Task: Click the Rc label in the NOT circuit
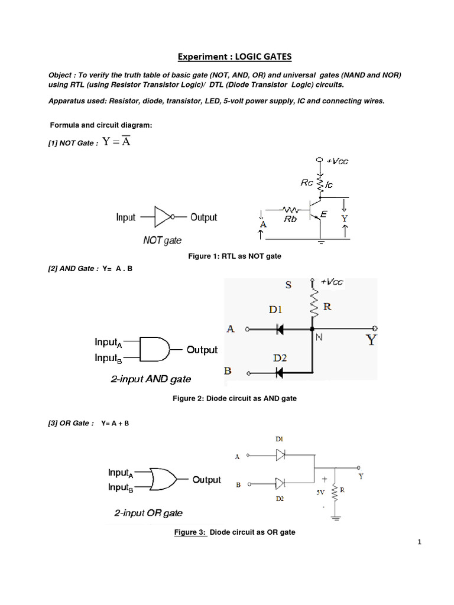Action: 307,183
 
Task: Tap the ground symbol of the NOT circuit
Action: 321,241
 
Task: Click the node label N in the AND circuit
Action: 319,338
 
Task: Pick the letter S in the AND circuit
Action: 288,284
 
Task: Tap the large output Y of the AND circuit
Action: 371,340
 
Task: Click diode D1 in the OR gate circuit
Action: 281,455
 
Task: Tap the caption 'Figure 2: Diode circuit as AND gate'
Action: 234,399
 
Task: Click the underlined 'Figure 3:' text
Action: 190,532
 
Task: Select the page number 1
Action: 419,544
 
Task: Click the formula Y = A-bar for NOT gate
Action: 116,142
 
